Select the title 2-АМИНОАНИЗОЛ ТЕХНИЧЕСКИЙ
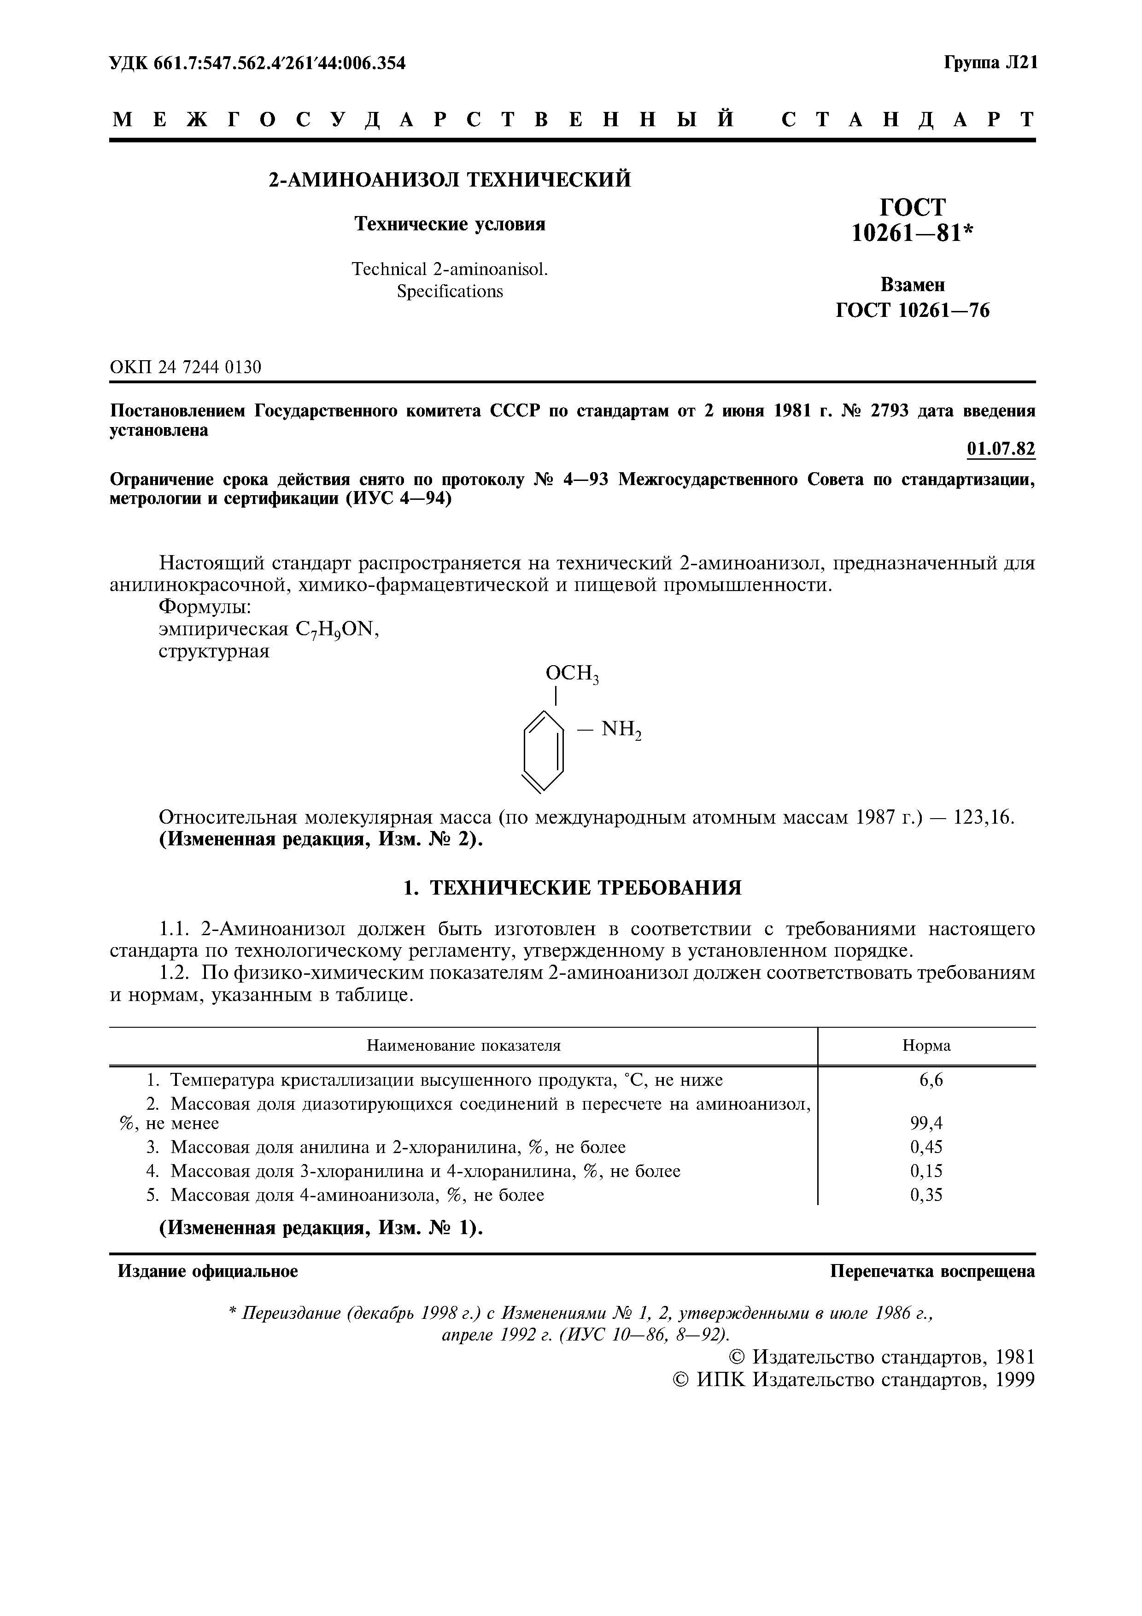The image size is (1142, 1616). (x=451, y=180)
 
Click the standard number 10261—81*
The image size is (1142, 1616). (x=912, y=232)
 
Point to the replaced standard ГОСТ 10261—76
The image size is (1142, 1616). (x=912, y=310)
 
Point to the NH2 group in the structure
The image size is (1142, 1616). (x=621, y=731)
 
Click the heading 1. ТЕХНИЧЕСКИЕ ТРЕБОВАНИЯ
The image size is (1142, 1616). (x=572, y=888)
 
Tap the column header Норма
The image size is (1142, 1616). (x=926, y=1045)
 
